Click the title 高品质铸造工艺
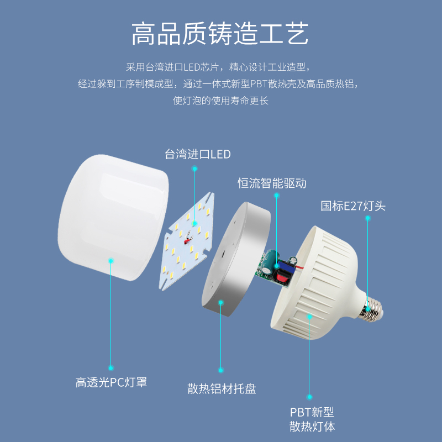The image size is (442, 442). (x=220, y=34)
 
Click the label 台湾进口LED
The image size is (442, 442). (x=197, y=154)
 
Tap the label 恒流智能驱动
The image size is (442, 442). (x=272, y=183)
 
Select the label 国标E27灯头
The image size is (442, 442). (x=353, y=207)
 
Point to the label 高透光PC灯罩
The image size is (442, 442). (x=112, y=382)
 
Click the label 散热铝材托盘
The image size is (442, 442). (x=222, y=389)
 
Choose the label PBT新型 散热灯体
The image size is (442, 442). (x=312, y=419)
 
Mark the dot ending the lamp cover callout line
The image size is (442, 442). (x=111, y=367)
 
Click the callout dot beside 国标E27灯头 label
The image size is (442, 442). (x=367, y=218)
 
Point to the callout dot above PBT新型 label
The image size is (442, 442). (x=309, y=396)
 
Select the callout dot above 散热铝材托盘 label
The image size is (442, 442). (x=221, y=370)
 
